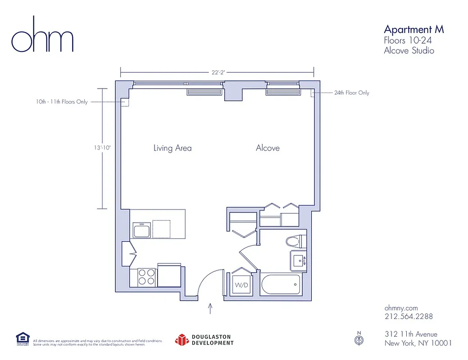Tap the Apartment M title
[413, 29]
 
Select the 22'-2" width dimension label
[217, 72]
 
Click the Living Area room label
[173, 148]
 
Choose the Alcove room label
[268, 148]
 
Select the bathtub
[282, 284]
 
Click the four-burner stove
[146, 276]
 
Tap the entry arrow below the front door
[210, 308]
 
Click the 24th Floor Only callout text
[351, 93]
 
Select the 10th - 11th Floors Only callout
[62, 102]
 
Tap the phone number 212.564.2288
[409, 316]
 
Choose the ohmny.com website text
[401, 308]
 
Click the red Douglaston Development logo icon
[182, 340]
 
